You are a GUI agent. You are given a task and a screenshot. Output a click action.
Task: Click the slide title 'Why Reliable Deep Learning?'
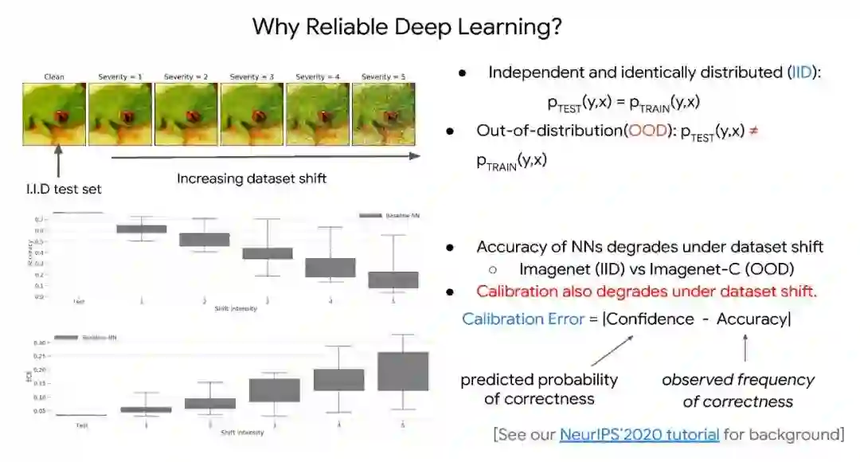(408, 26)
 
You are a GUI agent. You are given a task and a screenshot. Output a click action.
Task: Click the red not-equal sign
(753, 131)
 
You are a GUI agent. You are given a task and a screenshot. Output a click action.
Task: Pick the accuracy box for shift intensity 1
(142, 229)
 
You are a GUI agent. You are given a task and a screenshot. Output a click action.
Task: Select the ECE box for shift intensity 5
(402, 370)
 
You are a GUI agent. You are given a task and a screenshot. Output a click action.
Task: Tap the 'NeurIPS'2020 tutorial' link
(639, 434)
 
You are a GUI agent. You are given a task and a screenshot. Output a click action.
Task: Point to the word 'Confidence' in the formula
(651, 319)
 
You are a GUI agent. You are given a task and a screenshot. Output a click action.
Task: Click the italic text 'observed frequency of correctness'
(737, 390)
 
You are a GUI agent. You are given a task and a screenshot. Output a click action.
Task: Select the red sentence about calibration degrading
(647, 292)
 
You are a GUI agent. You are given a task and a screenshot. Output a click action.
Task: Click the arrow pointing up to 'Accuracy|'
(745, 348)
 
